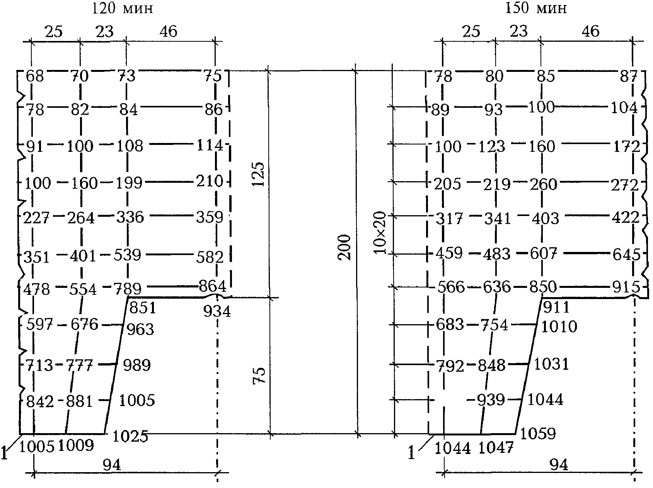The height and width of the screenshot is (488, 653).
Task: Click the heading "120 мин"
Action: coord(122,9)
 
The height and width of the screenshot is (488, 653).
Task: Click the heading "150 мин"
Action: coord(536,9)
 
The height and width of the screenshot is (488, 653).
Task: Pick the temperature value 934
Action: coord(217,311)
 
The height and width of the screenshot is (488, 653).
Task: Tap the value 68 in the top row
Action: coord(35,76)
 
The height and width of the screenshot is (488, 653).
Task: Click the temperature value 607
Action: coord(543,253)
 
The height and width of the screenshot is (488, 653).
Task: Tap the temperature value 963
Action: coord(140,330)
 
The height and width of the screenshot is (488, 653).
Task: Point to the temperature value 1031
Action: coord(552,364)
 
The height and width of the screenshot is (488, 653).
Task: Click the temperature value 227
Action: coord(36,218)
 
